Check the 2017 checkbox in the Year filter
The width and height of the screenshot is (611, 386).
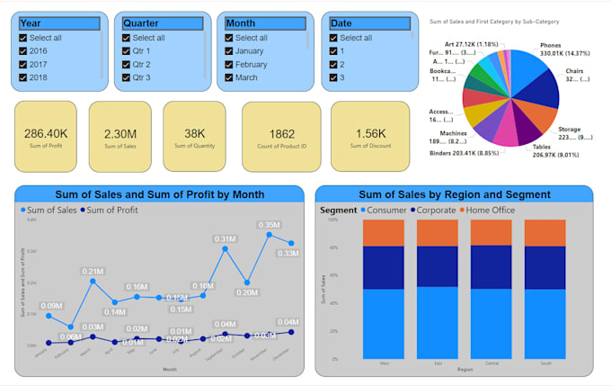[23, 64]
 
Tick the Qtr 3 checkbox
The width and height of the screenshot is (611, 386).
[128, 77]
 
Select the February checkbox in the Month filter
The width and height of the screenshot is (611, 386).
[229, 64]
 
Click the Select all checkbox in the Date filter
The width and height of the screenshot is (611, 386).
[333, 38]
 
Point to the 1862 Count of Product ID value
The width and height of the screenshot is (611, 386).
[280, 131]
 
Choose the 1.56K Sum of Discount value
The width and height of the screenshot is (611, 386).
[370, 131]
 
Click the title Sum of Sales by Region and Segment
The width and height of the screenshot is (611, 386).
[454, 194]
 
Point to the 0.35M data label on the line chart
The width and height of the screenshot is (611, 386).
[269, 225]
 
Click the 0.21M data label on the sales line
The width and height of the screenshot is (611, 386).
[93, 271]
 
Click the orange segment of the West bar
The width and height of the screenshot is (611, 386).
[385, 233]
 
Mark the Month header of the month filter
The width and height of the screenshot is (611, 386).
[241, 22]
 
